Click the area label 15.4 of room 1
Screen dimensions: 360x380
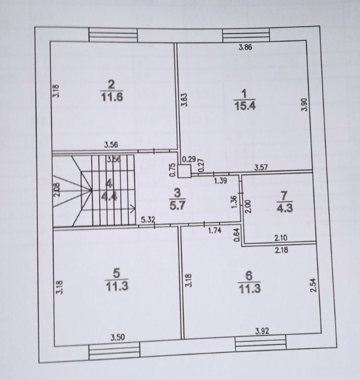coord(244,105)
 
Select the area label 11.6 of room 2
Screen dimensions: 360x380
coord(112,97)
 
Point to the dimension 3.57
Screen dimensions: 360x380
coord(261,167)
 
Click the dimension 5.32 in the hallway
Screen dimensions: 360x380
coord(148,219)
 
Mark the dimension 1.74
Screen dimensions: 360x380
coord(214,230)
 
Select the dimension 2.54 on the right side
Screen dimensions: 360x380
coord(312,284)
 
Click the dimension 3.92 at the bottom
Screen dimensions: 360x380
coord(262,331)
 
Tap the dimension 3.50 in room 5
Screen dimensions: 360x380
coord(117,338)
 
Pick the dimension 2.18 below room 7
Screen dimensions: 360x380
coord(281,250)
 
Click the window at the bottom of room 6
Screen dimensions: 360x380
coord(260,345)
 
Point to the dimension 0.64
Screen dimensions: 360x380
coord(238,234)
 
